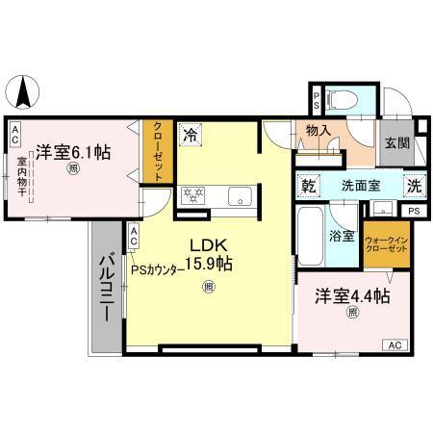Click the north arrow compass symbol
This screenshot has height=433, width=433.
pyautogui.click(x=22, y=93)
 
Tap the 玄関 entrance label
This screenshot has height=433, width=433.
pyautogui.click(x=395, y=142)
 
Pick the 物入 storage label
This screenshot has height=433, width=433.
pyautogui.click(x=319, y=130)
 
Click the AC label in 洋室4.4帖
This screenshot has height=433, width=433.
pyautogui.click(x=395, y=344)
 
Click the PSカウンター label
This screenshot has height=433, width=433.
pyautogui.click(x=158, y=269)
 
